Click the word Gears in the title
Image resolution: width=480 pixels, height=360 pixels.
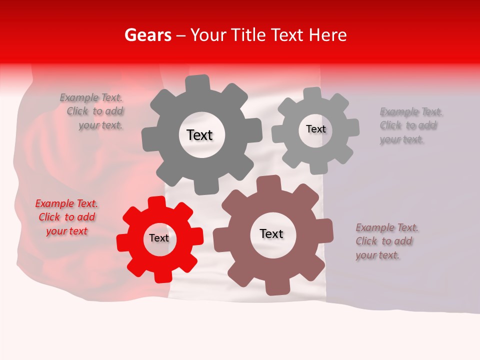point(147,35)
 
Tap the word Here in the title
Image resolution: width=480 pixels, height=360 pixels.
point(328,35)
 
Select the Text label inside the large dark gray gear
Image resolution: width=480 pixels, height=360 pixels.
point(199,135)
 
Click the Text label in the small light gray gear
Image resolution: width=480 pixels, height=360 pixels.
point(315,129)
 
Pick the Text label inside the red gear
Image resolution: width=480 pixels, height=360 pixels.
point(159,238)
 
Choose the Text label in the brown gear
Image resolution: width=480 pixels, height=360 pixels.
point(271,233)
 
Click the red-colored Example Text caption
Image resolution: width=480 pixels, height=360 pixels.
point(66,217)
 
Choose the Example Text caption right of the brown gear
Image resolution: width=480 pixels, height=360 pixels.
point(386,241)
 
